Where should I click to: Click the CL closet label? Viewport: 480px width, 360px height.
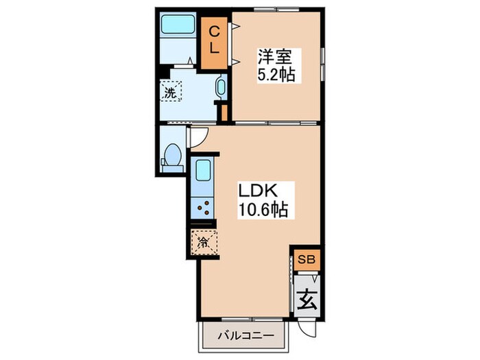tap(214, 40)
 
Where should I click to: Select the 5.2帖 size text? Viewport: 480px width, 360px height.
tap(276, 75)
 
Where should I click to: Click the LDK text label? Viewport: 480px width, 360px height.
tap(258, 191)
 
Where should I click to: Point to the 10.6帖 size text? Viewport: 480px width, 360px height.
tap(263, 210)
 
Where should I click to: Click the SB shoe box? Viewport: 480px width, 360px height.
tap(307, 260)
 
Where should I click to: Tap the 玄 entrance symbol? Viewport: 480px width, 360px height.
tap(307, 300)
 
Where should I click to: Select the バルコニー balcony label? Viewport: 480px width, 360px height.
tap(245, 336)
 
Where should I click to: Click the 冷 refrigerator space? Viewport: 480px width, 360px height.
tap(204, 243)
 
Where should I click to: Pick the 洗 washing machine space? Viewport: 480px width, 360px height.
tap(171, 91)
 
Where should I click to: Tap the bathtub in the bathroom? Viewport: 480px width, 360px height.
tap(178, 24)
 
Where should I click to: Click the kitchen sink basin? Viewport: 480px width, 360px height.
tap(203, 171)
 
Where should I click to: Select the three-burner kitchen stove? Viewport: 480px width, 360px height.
tap(203, 208)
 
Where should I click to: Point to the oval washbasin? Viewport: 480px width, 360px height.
tap(221, 86)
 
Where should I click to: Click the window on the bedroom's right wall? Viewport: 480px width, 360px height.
tap(323, 64)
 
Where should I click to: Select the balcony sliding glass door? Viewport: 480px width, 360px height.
tap(252, 319)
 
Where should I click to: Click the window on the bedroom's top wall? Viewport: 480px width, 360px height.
tap(277, 9)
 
